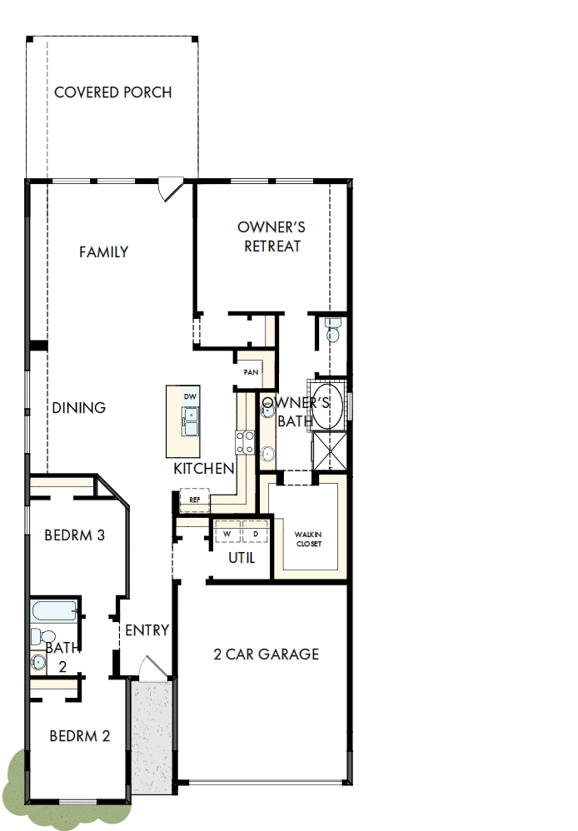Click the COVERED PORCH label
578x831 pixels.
click(113, 92)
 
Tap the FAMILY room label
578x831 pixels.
click(104, 251)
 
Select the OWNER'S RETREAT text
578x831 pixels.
click(272, 236)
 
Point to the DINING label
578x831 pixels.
click(79, 408)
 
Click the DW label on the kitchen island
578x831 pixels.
click(190, 396)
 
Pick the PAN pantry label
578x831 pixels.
click(250, 372)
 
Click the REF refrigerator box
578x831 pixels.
click(195, 500)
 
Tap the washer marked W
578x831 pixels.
click(227, 533)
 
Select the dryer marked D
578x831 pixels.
click(255, 533)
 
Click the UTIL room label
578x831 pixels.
click(242, 558)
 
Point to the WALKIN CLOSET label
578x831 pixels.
click(308, 539)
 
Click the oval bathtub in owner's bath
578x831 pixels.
click(327, 406)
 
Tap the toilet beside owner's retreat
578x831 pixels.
click(333, 331)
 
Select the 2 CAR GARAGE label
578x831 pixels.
click(267, 654)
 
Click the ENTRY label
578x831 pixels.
click(147, 630)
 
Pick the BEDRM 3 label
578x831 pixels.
click(75, 535)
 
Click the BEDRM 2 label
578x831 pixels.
click(80, 736)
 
